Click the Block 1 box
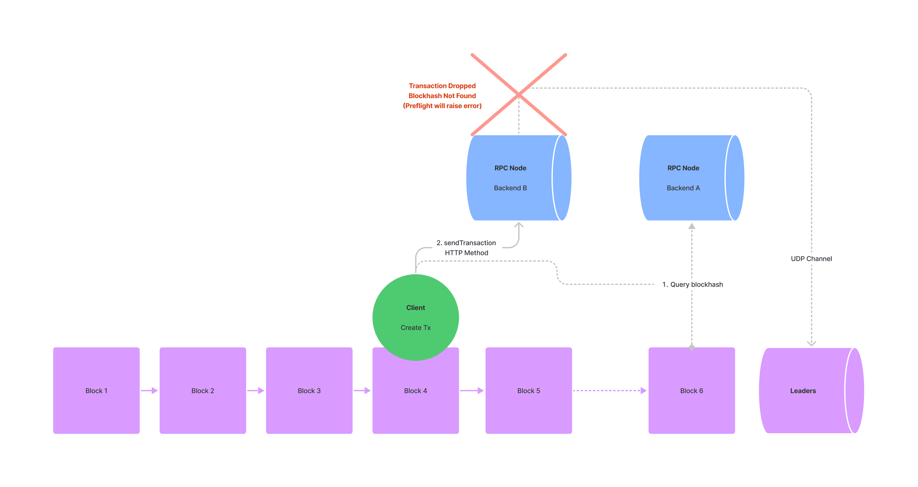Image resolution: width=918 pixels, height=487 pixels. (x=96, y=390)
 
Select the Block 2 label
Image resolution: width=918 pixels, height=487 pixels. (x=202, y=391)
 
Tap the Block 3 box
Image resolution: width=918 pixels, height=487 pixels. (x=309, y=390)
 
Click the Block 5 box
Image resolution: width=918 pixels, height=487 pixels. (x=529, y=390)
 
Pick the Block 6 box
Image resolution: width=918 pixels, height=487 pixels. (x=691, y=390)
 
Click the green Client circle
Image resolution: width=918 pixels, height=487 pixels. (x=415, y=317)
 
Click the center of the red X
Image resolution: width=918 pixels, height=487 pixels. (x=519, y=94)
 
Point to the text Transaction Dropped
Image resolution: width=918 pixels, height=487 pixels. (x=442, y=86)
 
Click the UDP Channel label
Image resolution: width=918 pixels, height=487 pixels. (x=811, y=259)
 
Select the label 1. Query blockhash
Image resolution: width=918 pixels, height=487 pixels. (x=692, y=284)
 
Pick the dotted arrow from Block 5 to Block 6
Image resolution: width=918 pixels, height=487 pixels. (x=609, y=390)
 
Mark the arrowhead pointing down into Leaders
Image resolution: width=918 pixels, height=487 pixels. (x=811, y=343)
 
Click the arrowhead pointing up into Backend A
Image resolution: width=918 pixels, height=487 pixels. (x=692, y=226)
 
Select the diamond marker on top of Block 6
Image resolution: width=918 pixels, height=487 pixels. (x=692, y=347)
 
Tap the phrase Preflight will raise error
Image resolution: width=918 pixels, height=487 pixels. (x=442, y=106)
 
